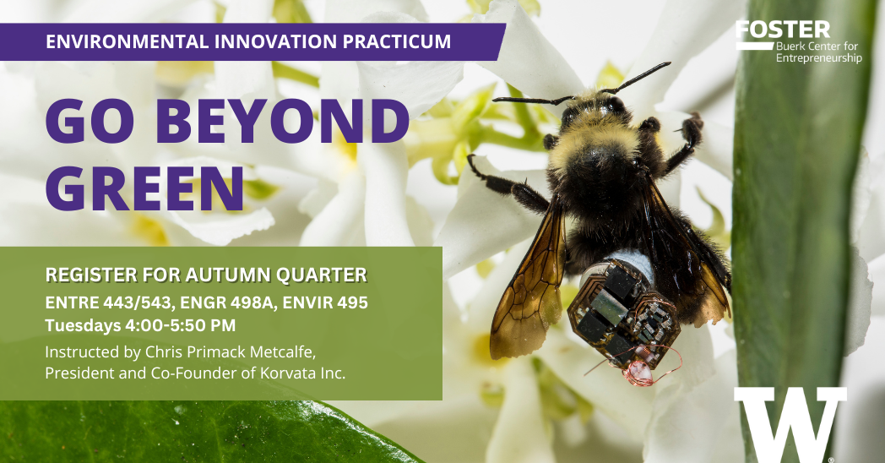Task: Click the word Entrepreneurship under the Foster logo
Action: click(818, 59)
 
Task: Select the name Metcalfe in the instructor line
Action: click(278, 351)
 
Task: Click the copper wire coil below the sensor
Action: click(639, 372)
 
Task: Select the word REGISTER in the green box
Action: click(85, 275)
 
